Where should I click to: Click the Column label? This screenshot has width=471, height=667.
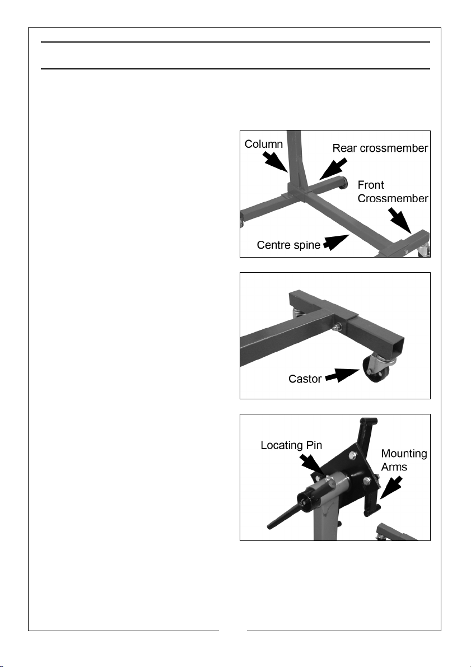point(263,144)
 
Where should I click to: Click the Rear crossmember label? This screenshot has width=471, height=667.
point(380,148)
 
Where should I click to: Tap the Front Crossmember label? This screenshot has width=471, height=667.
point(393,192)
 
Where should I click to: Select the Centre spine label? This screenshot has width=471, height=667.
point(288,245)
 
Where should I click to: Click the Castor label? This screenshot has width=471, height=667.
point(305,379)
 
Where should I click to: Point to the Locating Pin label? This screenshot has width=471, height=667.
point(291,445)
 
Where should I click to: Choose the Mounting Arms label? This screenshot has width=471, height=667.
point(404,460)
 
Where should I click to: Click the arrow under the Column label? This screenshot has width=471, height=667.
point(276,162)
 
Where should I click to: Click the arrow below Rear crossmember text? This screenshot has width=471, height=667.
point(333,169)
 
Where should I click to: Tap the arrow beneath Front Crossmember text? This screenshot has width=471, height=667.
point(400,220)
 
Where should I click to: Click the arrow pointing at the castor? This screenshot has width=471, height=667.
point(343,375)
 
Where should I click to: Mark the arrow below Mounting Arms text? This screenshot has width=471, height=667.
point(390,487)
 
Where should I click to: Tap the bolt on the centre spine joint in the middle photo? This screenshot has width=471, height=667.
point(338,326)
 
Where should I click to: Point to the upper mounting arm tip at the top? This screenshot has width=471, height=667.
point(369,422)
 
